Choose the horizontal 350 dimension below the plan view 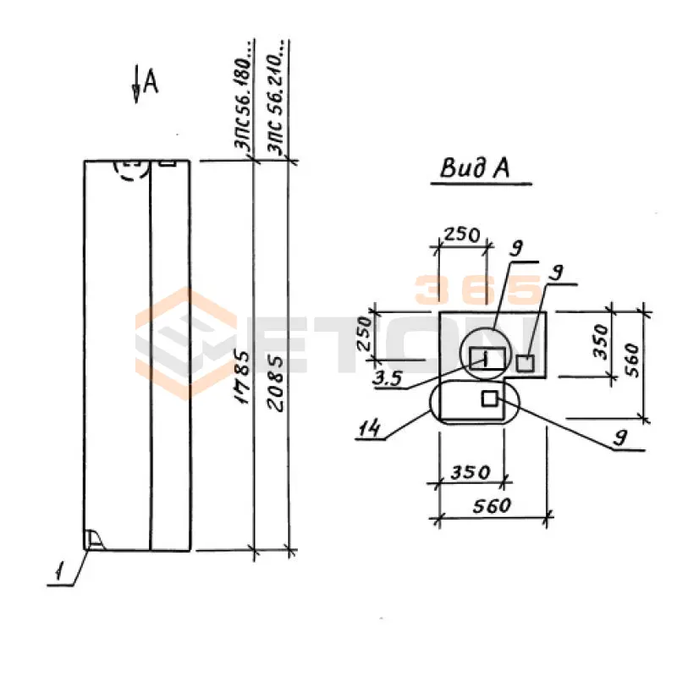click(471, 471)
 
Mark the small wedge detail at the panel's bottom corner click(93, 539)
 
